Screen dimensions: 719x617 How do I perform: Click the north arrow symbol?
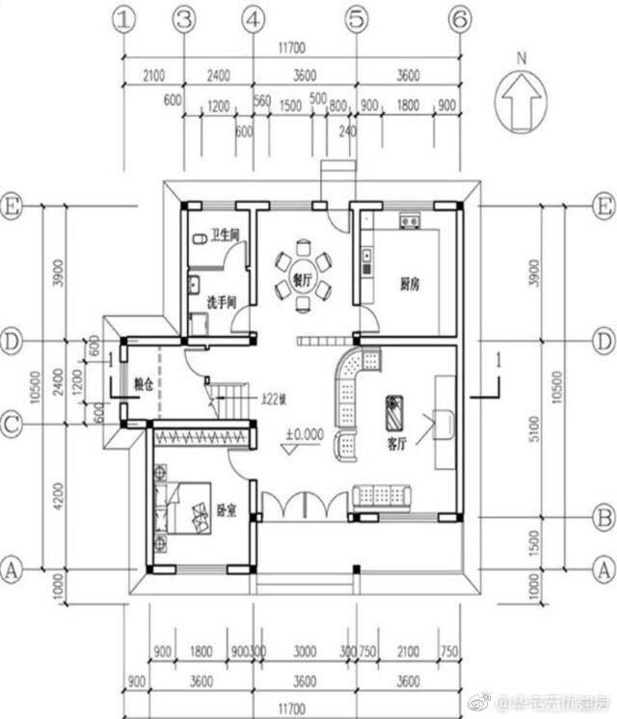(x=521, y=97)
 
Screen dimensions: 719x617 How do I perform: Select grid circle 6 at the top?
(x=460, y=18)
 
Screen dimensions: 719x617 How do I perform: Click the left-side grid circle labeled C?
(x=11, y=423)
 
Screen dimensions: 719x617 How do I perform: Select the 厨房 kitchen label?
(x=410, y=285)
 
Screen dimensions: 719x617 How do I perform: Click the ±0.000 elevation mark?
(x=304, y=435)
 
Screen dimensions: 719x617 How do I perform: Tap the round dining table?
(x=301, y=263)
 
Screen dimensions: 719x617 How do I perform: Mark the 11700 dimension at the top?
(x=290, y=46)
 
